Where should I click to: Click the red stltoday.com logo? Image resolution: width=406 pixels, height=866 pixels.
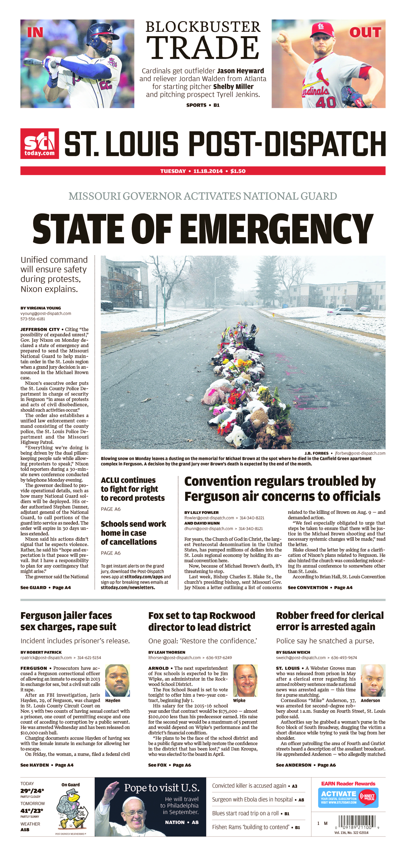[39, 144]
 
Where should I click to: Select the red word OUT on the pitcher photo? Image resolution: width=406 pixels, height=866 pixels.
[365, 33]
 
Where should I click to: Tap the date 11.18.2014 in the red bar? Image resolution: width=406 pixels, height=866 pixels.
[208, 171]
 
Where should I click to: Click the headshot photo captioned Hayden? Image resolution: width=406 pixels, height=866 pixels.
[117, 680]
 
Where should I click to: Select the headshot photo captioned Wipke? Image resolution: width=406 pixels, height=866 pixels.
[245, 680]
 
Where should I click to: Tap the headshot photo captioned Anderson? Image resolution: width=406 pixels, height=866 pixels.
[373, 680]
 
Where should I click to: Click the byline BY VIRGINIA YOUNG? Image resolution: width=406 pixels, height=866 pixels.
[41, 308]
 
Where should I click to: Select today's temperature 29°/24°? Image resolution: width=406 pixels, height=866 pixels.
[32, 791]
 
